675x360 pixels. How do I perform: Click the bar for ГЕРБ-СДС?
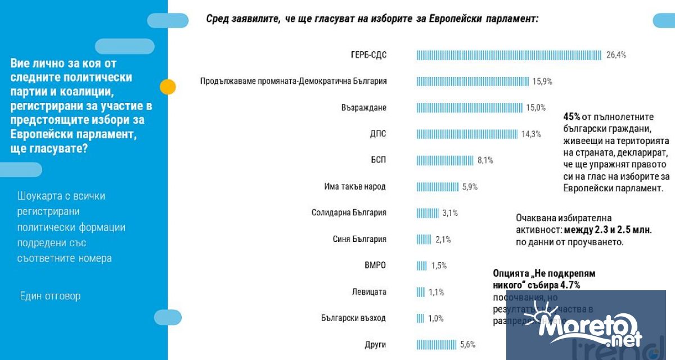point(509,55)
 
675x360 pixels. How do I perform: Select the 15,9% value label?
point(542,82)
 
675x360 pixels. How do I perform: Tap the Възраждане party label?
point(363,107)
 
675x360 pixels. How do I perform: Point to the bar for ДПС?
point(467,134)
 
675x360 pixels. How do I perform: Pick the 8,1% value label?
point(485,160)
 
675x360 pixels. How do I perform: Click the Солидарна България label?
point(349,213)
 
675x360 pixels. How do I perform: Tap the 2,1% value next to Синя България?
point(443,240)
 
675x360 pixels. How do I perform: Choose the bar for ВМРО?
point(421,265)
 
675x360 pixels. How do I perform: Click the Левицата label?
point(368,292)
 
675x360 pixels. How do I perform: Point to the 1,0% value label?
point(435,318)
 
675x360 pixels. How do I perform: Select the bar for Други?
point(436,345)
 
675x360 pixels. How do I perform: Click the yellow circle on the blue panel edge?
point(168,87)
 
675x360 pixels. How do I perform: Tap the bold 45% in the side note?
point(571,117)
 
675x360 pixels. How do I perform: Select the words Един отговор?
point(50,296)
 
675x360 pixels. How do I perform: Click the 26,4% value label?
point(616,55)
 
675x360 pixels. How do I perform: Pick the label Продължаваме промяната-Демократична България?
point(294,82)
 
